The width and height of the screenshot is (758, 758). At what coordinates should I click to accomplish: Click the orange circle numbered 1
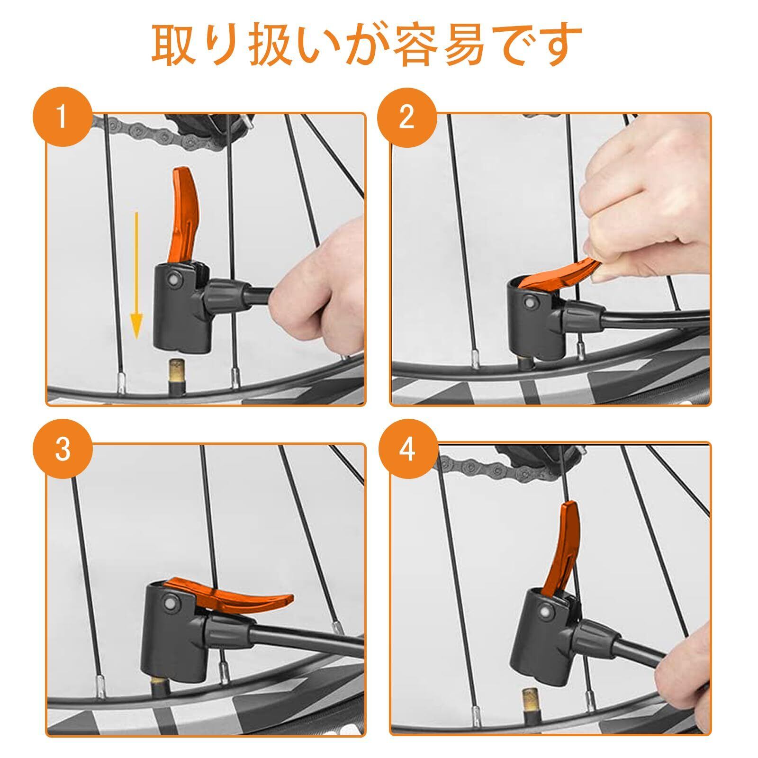62,117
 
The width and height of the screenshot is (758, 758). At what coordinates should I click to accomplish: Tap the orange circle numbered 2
406,117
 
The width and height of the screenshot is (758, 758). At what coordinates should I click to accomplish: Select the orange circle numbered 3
63,449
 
